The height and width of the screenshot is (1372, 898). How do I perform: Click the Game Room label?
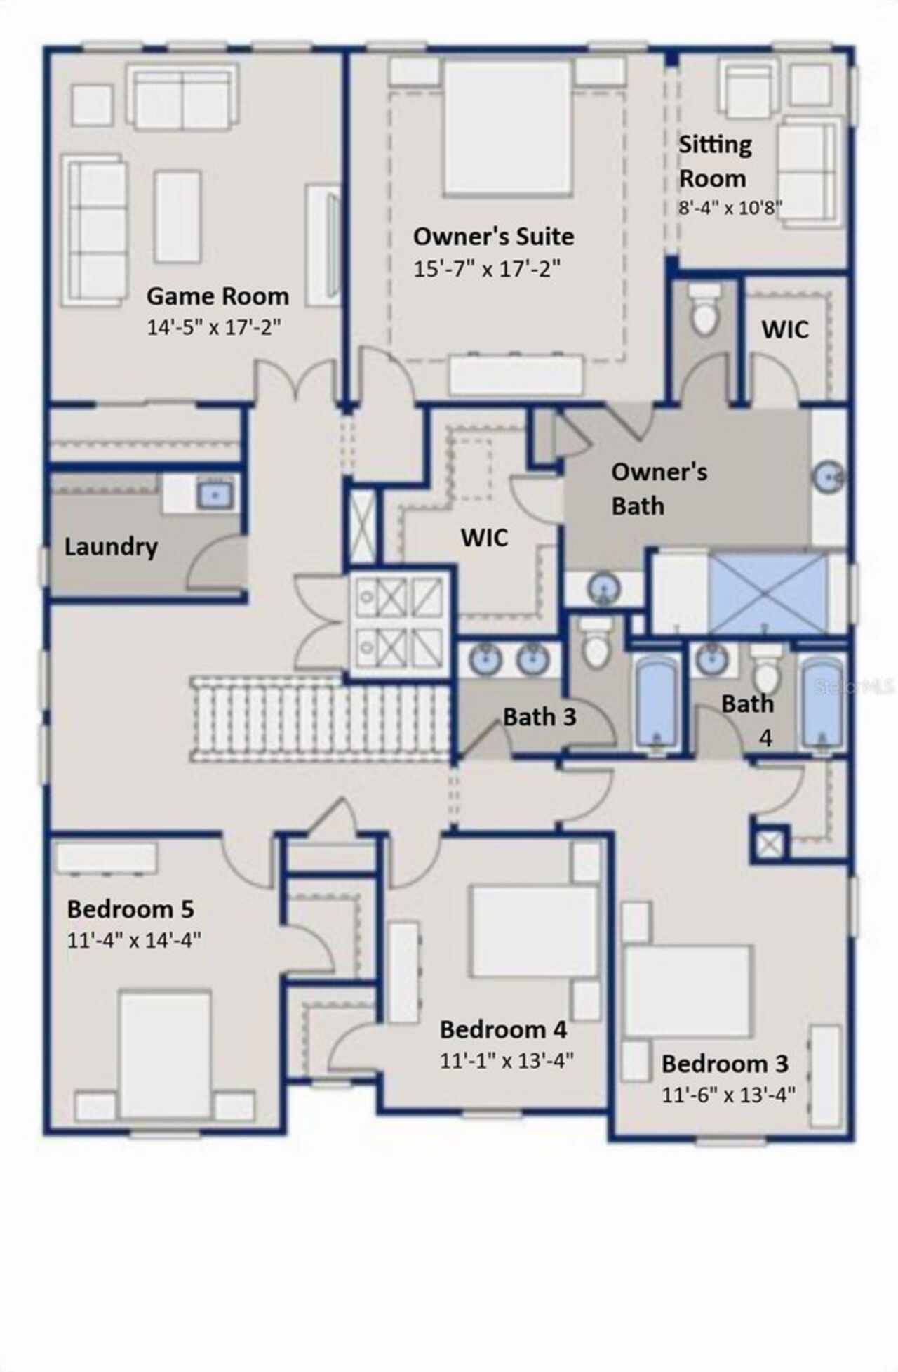pyautogui.click(x=217, y=296)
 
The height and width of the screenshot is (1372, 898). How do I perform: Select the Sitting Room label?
pyautogui.click(x=714, y=161)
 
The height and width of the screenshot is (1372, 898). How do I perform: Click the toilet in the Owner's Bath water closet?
pyautogui.click(x=704, y=309)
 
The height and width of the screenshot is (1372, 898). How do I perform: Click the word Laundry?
pyautogui.click(x=111, y=547)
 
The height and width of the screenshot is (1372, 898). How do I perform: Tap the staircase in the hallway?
pyautogui.click(x=320, y=720)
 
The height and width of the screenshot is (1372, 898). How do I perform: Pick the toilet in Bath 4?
pyautogui.click(x=765, y=668)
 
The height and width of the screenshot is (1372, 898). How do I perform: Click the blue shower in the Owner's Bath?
pyautogui.click(x=768, y=593)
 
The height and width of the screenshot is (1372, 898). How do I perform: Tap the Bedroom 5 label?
pyautogui.click(x=130, y=909)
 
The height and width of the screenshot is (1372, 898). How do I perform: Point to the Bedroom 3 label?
pyautogui.click(x=725, y=1064)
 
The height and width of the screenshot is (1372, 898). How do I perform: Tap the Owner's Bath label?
pyautogui.click(x=659, y=489)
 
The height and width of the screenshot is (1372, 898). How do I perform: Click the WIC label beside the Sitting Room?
pyautogui.click(x=785, y=329)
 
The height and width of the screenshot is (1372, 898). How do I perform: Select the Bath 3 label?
pyautogui.click(x=540, y=717)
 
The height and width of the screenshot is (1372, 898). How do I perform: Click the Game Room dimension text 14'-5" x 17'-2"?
pyautogui.click(x=214, y=327)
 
